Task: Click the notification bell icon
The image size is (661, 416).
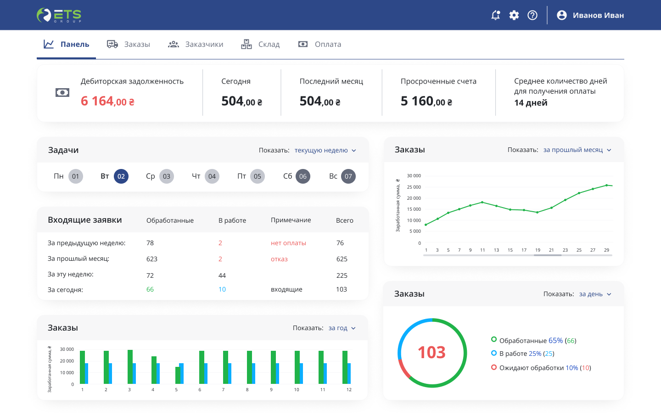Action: (x=495, y=15)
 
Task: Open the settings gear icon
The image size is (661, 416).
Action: (x=514, y=15)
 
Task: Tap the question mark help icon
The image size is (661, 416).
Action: (x=532, y=15)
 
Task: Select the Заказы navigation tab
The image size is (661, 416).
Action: (x=129, y=44)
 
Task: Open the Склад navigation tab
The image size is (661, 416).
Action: (x=260, y=44)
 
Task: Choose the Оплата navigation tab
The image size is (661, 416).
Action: (x=319, y=44)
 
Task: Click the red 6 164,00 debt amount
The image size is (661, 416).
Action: (x=107, y=101)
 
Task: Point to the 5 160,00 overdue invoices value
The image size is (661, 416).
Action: (x=426, y=101)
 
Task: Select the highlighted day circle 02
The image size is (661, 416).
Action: (x=121, y=176)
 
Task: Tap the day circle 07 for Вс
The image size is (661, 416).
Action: (x=348, y=176)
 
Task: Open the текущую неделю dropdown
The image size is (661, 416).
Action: (x=325, y=150)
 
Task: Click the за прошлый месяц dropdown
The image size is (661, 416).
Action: (x=577, y=150)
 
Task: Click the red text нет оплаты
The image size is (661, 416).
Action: (x=288, y=243)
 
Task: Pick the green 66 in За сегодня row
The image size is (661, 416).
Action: (x=150, y=289)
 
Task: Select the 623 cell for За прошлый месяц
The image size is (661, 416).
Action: (x=151, y=259)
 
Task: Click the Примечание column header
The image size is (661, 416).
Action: (x=291, y=220)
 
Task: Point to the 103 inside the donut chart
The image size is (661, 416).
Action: (x=431, y=352)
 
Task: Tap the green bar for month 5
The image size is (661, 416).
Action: (x=178, y=375)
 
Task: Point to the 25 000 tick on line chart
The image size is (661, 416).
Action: (x=414, y=187)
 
